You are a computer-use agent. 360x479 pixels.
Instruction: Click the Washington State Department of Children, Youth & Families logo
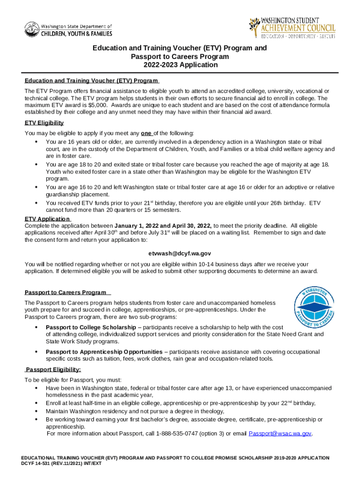tap(68, 30)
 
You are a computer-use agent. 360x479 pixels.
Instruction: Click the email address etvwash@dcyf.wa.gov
tap(180, 254)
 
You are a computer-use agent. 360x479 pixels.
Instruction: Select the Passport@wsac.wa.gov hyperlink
tap(280, 434)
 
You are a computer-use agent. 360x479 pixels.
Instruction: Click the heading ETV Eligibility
tap(44, 123)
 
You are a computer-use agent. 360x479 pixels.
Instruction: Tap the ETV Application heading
tap(47, 219)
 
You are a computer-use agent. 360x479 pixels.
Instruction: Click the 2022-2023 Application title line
tap(180, 65)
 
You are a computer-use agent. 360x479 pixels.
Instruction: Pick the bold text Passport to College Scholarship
tap(91, 327)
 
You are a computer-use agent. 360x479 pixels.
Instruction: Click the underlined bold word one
tap(145, 133)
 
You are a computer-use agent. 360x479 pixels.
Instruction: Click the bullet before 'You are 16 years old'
tap(36, 142)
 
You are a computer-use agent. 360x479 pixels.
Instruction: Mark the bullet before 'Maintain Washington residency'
tap(36, 412)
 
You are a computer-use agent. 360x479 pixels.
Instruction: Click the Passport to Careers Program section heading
tap(65, 292)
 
